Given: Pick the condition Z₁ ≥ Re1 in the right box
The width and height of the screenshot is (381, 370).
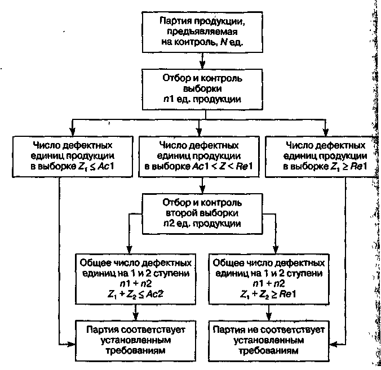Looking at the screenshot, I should point(350,167).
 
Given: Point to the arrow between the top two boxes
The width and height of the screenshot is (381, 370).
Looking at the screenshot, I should point(202,60).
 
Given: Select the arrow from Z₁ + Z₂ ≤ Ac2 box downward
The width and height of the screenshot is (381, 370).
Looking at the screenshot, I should point(136,311).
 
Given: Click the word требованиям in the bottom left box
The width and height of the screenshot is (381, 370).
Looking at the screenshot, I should point(135,350).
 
